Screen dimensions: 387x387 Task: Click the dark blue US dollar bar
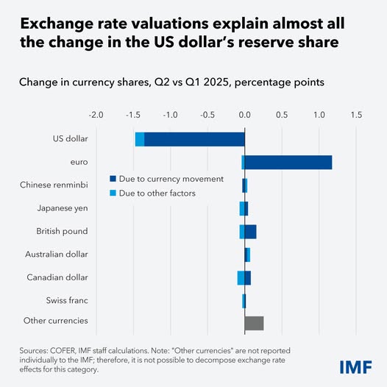(194, 139)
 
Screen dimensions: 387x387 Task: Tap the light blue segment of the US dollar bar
(140, 139)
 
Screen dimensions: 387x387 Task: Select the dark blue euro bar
(288, 162)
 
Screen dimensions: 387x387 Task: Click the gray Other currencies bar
(254, 323)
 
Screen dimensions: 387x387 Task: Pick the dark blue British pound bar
(250, 232)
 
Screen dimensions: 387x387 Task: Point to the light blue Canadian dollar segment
(241, 277)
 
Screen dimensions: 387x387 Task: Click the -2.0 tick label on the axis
(96, 115)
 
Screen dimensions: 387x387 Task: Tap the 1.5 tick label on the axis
(356, 115)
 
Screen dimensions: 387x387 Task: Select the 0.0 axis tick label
(244, 115)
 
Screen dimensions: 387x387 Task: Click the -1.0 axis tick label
(170, 115)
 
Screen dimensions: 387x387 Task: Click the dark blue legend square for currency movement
(113, 179)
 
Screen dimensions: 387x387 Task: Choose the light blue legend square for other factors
(113, 193)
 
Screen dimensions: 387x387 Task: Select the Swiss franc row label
(67, 300)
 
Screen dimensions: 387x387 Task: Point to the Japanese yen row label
(63, 208)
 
